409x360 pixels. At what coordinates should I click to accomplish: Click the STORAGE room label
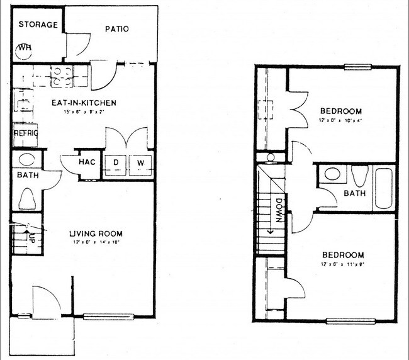[38, 25]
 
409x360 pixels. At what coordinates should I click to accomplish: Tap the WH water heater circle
[26, 48]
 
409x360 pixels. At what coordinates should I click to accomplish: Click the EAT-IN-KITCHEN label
[84, 103]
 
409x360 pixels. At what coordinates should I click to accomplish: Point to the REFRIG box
[26, 133]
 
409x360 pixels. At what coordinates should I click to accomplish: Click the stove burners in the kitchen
[61, 76]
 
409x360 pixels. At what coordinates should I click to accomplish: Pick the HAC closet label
[87, 162]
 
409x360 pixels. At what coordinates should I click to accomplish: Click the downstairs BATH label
[27, 175]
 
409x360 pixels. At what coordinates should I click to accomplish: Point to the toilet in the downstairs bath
[28, 199]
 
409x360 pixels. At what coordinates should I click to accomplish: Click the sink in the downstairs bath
[27, 159]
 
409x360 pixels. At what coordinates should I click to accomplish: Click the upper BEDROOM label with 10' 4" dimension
[341, 111]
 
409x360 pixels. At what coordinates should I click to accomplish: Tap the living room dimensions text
[94, 242]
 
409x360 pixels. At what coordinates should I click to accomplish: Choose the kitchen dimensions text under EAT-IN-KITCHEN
[82, 112]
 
